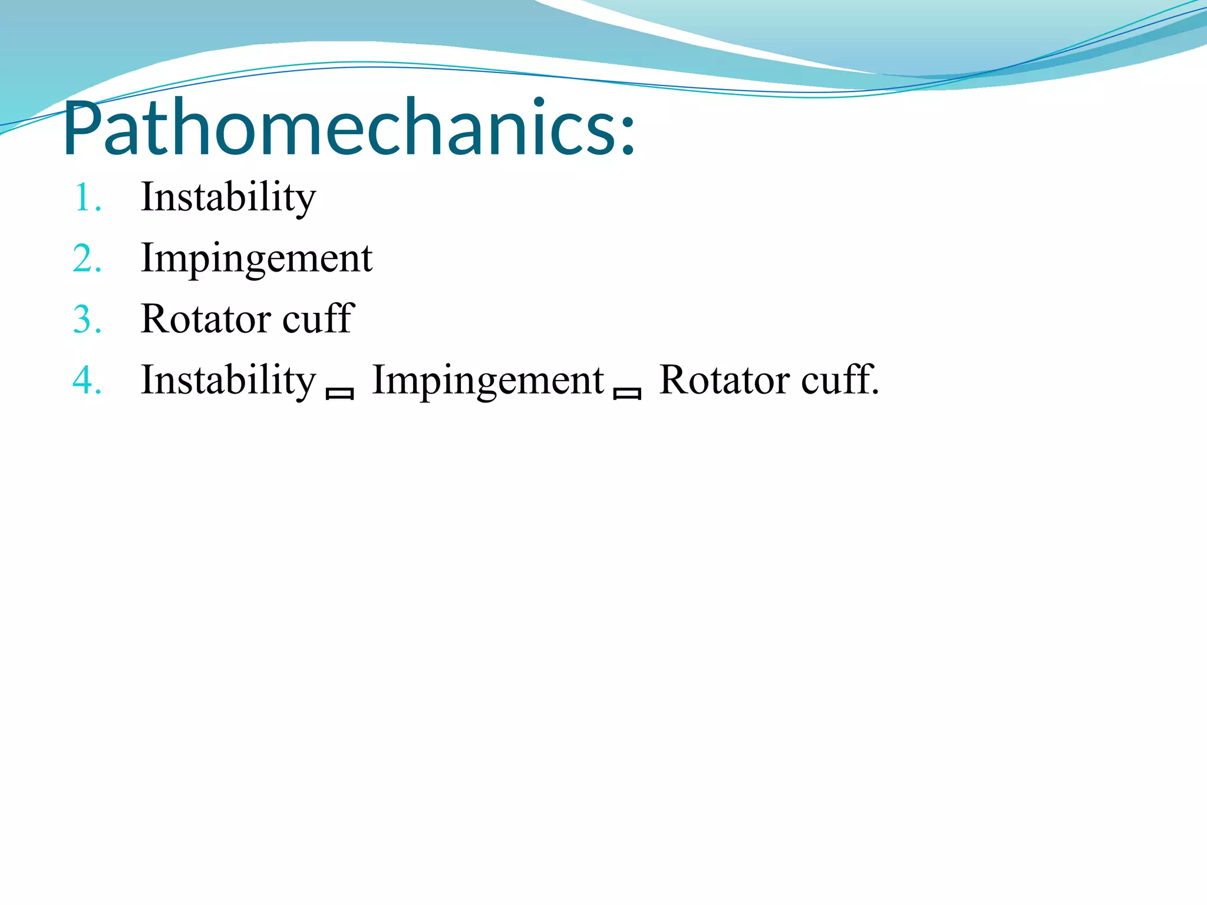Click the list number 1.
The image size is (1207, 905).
(85, 198)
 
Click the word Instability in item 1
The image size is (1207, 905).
(228, 197)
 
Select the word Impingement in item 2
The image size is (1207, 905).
(256, 259)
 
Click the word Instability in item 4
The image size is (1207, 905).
(228, 380)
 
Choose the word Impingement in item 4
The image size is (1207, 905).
(488, 380)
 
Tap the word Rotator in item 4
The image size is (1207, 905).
(723, 380)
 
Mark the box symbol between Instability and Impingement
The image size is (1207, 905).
(339, 394)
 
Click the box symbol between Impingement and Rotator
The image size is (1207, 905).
(627, 394)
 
